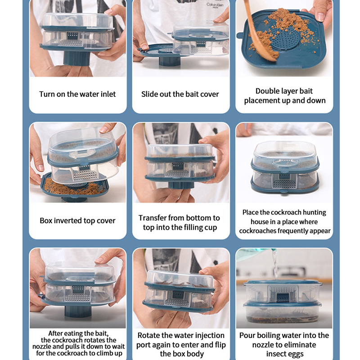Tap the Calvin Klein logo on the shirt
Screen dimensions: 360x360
215,5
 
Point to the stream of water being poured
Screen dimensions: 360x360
275,265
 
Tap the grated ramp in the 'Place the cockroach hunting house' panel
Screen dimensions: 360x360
284,184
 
